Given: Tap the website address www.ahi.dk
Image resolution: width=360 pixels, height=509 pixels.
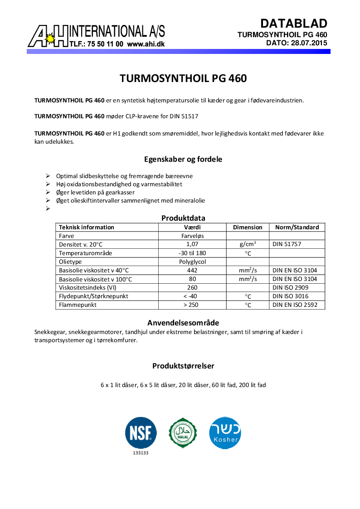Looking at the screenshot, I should click(x=146, y=44).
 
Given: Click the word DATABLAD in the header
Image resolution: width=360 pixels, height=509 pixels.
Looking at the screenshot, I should click(x=294, y=24).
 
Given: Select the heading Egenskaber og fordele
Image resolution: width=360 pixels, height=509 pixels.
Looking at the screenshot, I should click(x=183, y=160).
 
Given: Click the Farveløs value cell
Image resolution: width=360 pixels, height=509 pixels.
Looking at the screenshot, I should click(x=192, y=236).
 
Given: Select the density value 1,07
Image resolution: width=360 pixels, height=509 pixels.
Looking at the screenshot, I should click(x=192, y=244).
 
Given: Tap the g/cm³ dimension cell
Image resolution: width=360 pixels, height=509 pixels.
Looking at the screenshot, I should click(x=248, y=244).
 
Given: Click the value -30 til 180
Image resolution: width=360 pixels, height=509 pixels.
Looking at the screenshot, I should click(x=192, y=253).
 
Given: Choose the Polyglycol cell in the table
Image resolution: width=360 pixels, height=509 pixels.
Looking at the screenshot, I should click(x=192, y=262).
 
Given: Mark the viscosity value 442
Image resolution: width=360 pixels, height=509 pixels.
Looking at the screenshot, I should click(x=192, y=270).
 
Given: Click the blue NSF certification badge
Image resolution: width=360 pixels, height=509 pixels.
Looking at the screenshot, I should click(x=141, y=433).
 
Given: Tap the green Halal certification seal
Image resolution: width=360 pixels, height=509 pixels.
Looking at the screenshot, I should click(x=183, y=433).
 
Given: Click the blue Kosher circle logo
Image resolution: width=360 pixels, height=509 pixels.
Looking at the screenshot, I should click(x=225, y=433).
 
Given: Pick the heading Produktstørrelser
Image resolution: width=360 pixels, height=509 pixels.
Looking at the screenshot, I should click(x=183, y=366).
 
